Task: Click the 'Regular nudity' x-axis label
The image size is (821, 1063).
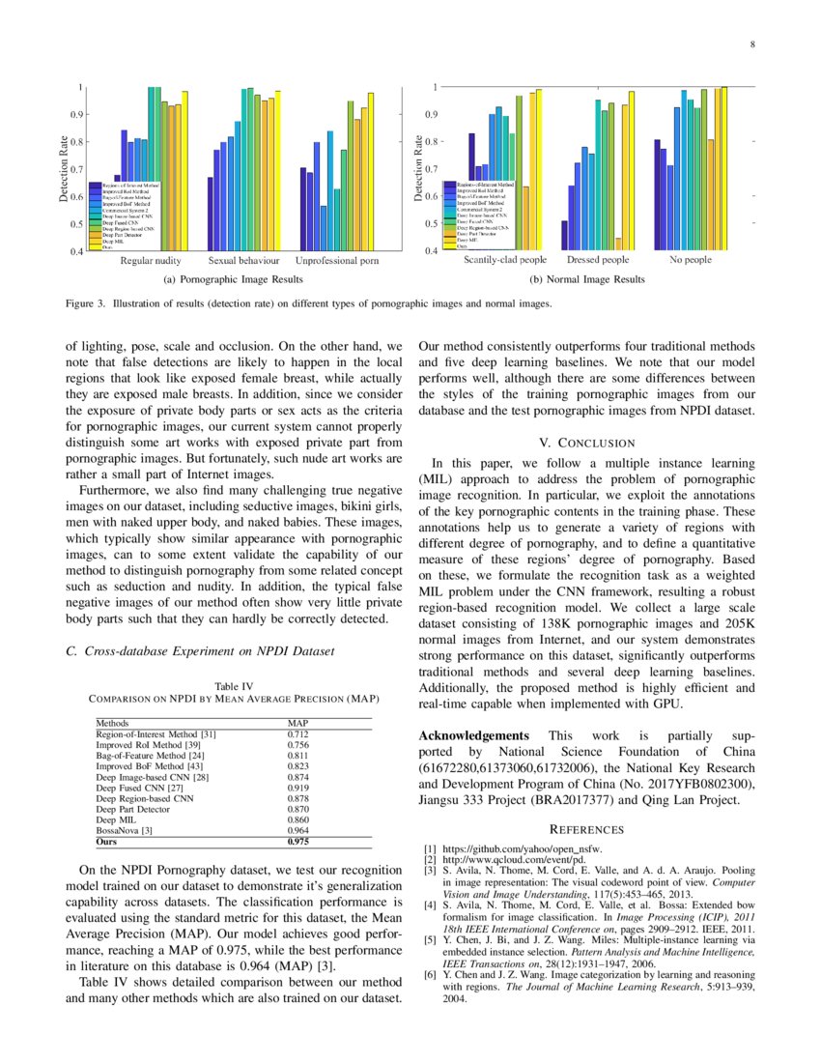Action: pyautogui.click(x=151, y=261)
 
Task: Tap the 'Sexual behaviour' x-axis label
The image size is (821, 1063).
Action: pyautogui.click(x=243, y=261)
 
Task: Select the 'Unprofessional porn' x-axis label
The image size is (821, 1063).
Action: pyautogui.click(x=337, y=261)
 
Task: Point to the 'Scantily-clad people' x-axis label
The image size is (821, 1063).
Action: pyautogui.click(x=504, y=260)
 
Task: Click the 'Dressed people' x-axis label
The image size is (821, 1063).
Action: pyautogui.click(x=598, y=260)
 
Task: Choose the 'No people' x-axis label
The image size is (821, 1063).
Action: pyautogui.click(x=691, y=260)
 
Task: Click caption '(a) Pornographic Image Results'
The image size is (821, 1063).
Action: pyautogui.click(x=234, y=279)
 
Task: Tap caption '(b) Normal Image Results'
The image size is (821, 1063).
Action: pyautogui.click(x=586, y=279)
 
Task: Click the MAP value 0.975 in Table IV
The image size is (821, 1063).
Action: pyautogui.click(x=298, y=842)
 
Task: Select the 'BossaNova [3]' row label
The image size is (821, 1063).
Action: pyautogui.click(x=125, y=830)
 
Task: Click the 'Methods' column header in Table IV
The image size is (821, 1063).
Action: pyautogui.click(x=112, y=723)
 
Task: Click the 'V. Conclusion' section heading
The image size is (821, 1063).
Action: pyautogui.click(x=586, y=443)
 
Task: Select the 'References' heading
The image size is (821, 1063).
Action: pyautogui.click(x=586, y=829)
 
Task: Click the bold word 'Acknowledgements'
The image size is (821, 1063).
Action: pyautogui.click(x=473, y=735)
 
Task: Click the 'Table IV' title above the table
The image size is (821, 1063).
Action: pyautogui.click(x=233, y=686)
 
